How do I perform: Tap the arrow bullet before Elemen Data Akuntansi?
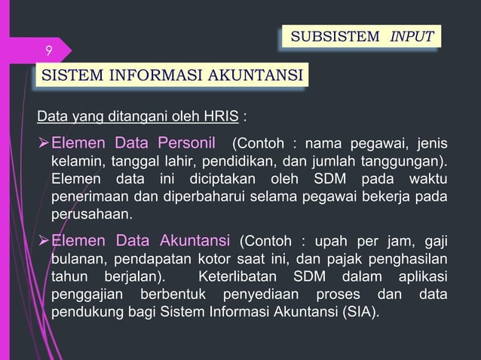43,241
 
